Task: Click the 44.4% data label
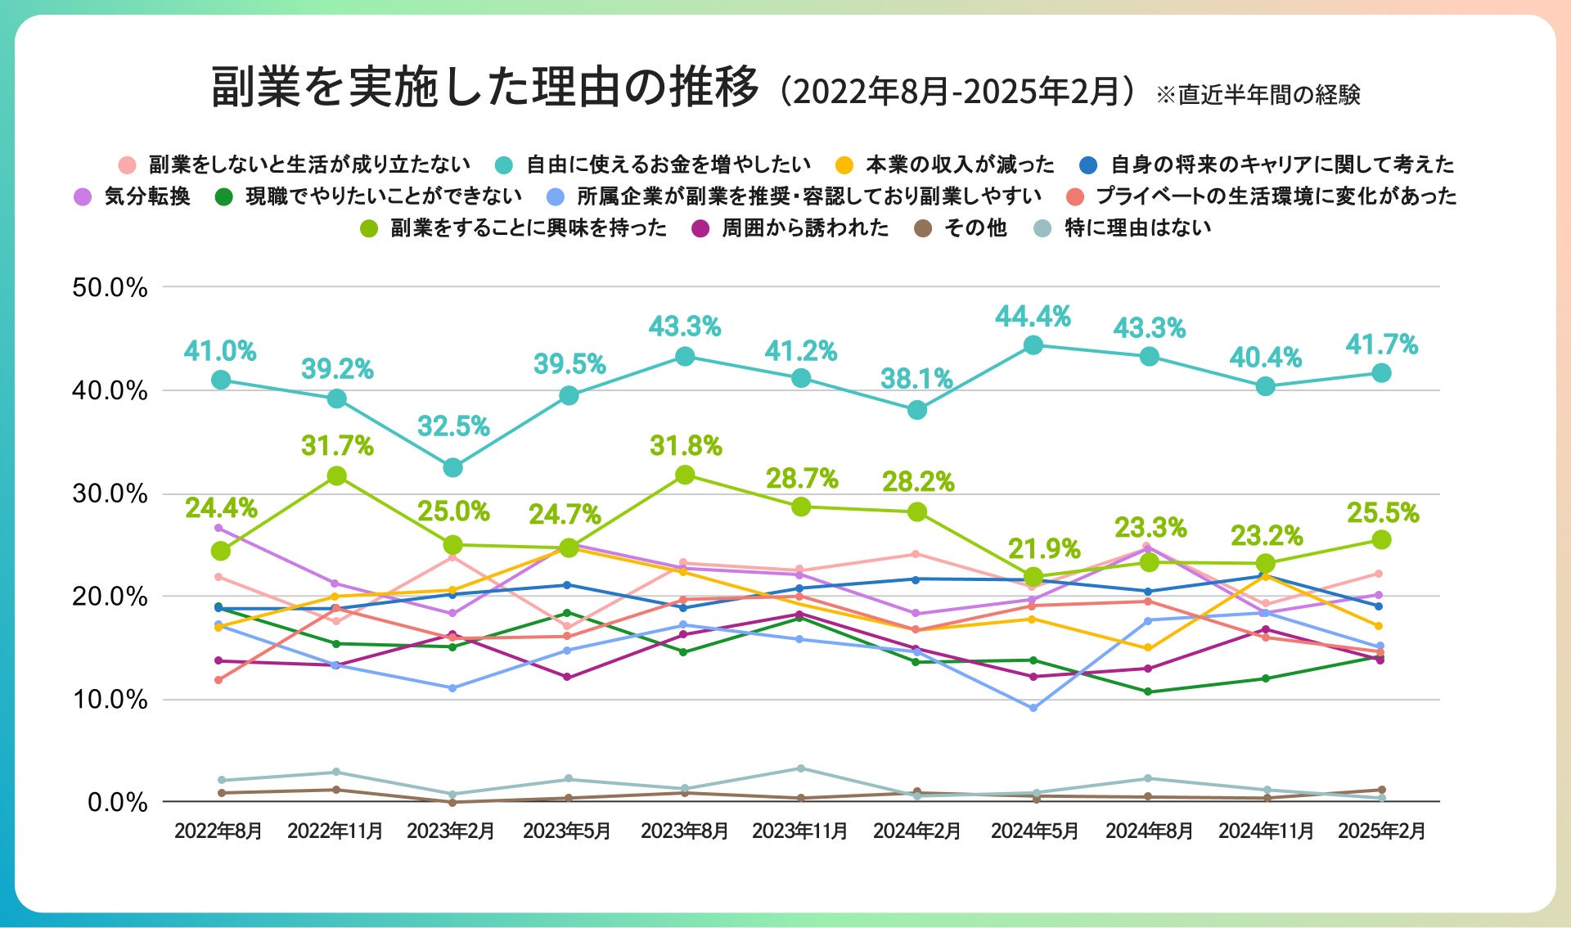[x=1033, y=316]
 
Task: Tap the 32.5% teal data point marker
[x=452, y=467]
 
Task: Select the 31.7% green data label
[x=337, y=446]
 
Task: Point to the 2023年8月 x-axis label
[x=684, y=831]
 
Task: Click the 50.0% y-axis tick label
[x=110, y=288]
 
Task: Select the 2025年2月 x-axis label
[x=1381, y=831]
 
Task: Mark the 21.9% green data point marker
[x=1033, y=576]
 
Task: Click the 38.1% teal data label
[x=916, y=379]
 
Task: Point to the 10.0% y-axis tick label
[x=110, y=700]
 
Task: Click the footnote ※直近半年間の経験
[x=1258, y=95]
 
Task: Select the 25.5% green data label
[x=1383, y=513]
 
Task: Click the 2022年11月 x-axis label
[x=335, y=831]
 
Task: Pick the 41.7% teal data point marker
[x=1381, y=373]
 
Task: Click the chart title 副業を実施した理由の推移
[x=485, y=88]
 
